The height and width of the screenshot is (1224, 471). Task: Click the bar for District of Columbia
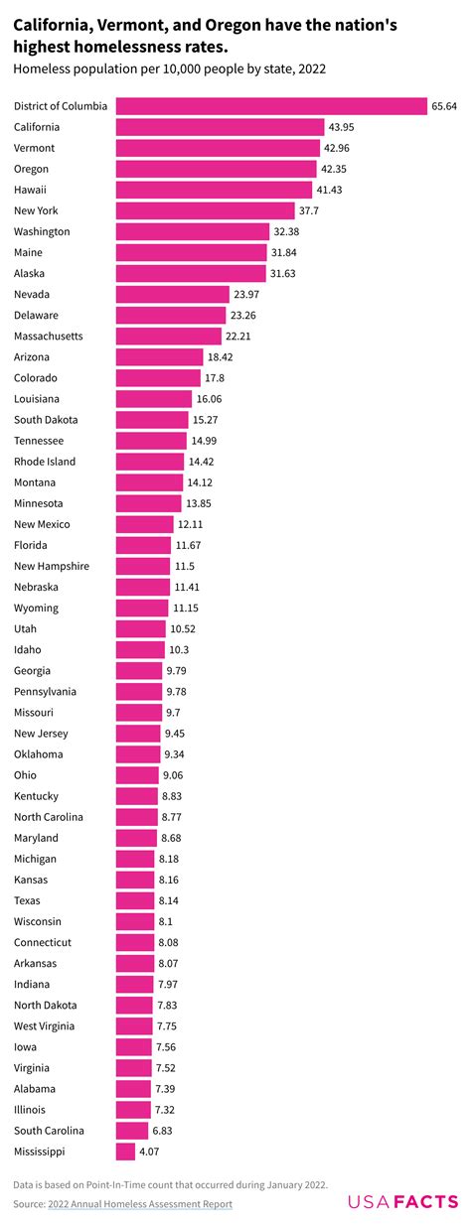[271, 106]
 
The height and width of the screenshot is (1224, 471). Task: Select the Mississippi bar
[125, 1152]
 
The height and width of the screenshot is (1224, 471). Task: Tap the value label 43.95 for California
[344, 127]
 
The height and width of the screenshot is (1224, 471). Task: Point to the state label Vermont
[35, 148]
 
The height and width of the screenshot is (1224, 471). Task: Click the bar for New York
[206, 210]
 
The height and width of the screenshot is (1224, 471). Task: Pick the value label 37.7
[310, 210]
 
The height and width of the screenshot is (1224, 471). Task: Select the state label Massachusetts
[49, 337]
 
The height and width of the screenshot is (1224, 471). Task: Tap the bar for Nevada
[174, 294]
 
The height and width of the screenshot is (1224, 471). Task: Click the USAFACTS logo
[402, 1202]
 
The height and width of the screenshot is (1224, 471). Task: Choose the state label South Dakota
[46, 420]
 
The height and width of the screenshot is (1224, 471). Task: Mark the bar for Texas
[134, 900]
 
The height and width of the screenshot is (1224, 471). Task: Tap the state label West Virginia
[44, 1025]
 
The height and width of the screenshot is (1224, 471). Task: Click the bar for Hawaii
[215, 190]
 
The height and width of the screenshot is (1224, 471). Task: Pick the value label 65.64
[443, 106]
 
